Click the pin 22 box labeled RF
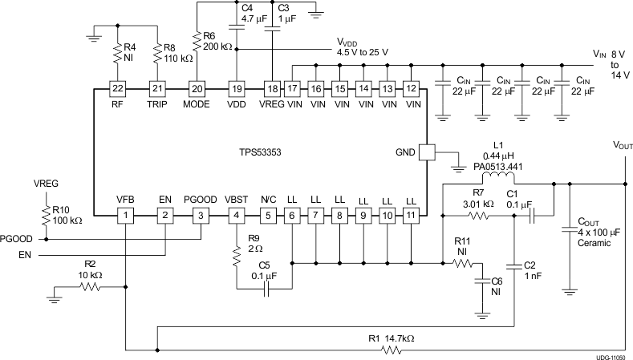pos(118,88)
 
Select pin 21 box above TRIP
pos(158,88)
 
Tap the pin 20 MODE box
pos(197,88)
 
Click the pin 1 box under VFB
pos(125,215)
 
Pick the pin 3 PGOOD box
pos(203,215)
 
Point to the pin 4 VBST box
pos(236,215)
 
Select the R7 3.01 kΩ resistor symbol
pos(480,216)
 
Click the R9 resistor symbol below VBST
pos(236,255)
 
